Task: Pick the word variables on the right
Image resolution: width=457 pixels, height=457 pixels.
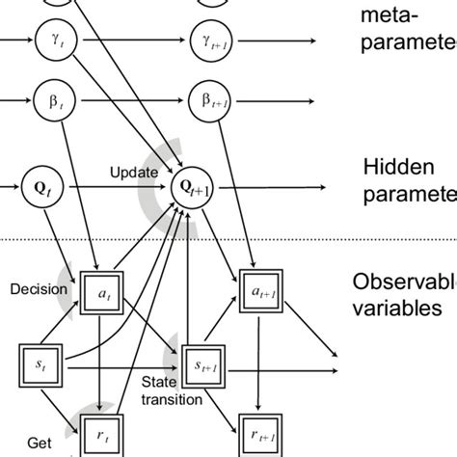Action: tap(397, 309)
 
